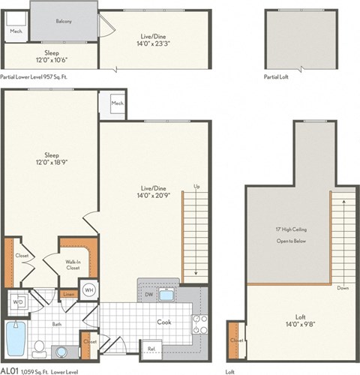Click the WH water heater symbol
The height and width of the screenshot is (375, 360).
[x=88, y=290]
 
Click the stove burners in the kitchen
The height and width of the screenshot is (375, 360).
[x=200, y=323]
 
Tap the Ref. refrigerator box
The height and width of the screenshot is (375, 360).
[x=151, y=348]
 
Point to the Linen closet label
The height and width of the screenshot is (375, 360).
[x=68, y=293]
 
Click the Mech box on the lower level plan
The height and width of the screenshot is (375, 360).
[x=117, y=103]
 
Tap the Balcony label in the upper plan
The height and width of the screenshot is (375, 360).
[x=63, y=21]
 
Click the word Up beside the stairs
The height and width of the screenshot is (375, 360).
[x=197, y=187]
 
